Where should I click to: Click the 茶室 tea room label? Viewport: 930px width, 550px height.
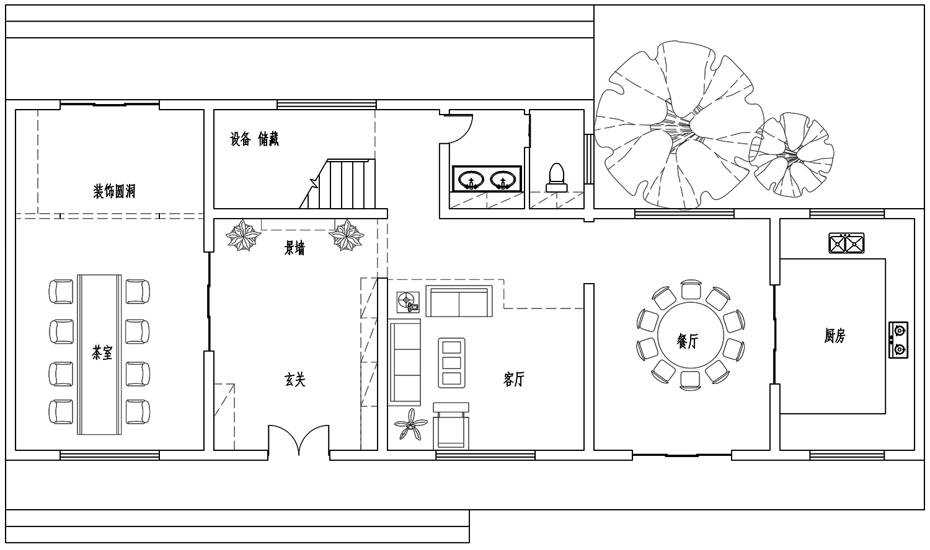click(102, 353)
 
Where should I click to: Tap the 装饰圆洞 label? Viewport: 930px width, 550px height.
click(114, 191)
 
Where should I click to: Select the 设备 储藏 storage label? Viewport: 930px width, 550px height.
click(254, 139)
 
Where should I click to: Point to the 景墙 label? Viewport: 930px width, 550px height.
click(294, 248)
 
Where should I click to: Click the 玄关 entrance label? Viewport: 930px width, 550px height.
click(294, 380)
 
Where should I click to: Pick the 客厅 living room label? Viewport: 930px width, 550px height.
click(514, 379)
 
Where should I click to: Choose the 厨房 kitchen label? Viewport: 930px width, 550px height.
click(835, 336)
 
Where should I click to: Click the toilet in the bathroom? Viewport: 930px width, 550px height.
click(557, 178)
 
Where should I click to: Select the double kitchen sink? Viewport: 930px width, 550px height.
click(846, 243)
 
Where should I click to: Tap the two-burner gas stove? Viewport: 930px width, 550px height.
click(898, 340)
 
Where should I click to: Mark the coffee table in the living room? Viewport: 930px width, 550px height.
click(452, 363)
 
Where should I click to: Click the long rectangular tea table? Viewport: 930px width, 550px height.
click(100, 355)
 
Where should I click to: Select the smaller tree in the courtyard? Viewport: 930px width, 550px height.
click(791, 155)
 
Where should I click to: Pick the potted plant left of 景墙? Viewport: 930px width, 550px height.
click(244, 235)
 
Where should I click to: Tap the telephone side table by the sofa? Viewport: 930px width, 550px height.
click(408, 302)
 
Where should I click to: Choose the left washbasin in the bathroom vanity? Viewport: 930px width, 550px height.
click(471, 180)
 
